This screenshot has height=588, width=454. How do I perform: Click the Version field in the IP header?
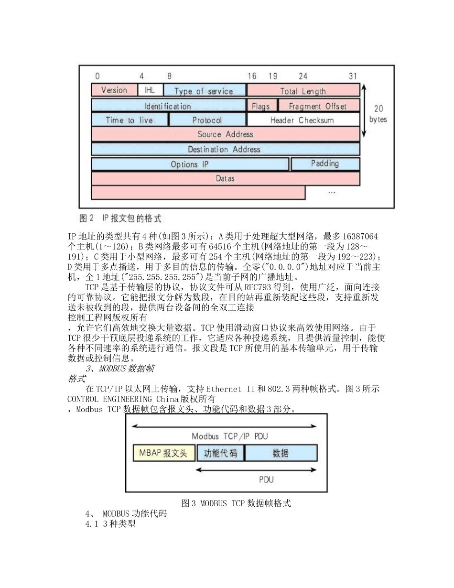tap(114, 90)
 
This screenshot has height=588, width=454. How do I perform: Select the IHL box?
tap(150, 90)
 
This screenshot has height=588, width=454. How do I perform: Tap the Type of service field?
tap(204, 90)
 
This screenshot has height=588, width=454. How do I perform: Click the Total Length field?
tap(303, 90)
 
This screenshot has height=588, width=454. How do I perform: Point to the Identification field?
tap(168, 106)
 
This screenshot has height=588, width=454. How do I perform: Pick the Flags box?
tap(261, 106)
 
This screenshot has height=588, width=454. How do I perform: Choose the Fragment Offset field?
tap(318, 106)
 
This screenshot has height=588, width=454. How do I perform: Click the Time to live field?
tap(129, 120)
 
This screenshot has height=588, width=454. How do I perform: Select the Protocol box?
tap(207, 120)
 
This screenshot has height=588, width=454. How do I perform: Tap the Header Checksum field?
tap(303, 120)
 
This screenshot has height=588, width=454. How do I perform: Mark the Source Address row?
tap(225, 134)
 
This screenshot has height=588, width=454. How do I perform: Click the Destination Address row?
tap(225, 149)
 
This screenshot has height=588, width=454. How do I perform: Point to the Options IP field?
tap(190, 164)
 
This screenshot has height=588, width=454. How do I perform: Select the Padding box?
tap(325, 163)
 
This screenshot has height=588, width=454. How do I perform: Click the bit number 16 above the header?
tap(252, 76)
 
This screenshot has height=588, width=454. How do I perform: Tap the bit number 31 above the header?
tap(353, 76)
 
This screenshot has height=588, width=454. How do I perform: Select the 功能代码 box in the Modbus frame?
tap(220, 453)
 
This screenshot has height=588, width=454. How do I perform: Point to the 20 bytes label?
tap(378, 114)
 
